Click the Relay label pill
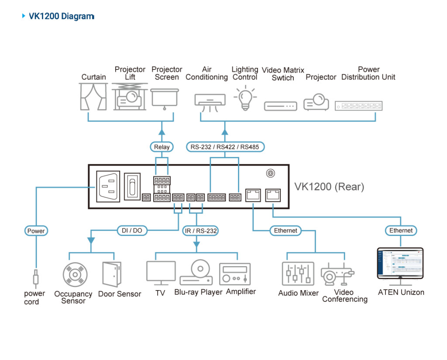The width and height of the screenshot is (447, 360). pyautogui.click(x=162, y=147)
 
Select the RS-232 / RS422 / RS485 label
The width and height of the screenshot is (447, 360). pyautogui.click(x=225, y=147)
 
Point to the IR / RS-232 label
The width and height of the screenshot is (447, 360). pyautogui.click(x=200, y=230)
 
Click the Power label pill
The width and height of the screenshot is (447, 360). pyautogui.click(x=36, y=231)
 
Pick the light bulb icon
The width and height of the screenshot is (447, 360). pyautogui.click(x=245, y=98)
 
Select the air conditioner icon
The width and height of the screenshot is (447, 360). pyautogui.click(x=210, y=101)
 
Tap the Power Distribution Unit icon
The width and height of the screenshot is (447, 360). pyautogui.click(x=358, y=105)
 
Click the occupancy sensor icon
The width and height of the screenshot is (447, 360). pyautogui.click(x=75, y=275)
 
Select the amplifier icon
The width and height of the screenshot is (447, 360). pyautogui.click(x=235, y=273)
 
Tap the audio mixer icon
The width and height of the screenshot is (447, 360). pyautogui.click(x=298, y=274)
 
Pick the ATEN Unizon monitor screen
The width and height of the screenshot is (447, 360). pyautogui.click(x=400, y=263)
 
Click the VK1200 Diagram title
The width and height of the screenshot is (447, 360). pyautogui.click(x=61, y=17)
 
